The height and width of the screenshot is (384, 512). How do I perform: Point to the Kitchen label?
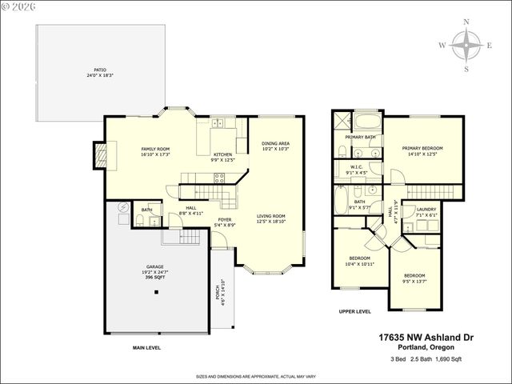(x=222, y=156)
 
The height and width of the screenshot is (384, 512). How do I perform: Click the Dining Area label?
(x=275, y=146)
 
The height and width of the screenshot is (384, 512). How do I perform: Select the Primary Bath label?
(x=359, y=137)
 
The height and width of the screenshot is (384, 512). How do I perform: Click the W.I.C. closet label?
(x=356, y=170)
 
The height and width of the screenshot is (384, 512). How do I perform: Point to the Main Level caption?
(x=146, y=348)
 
